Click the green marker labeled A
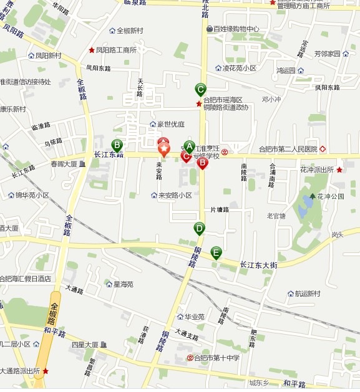(190, 147)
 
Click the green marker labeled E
(216, 253)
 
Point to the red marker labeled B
(202, 163)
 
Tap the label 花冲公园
(331, 196)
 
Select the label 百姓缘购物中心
(236, 29)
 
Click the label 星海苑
(123, 285)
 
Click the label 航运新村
(308, 294)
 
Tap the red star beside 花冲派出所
(339, 170)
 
